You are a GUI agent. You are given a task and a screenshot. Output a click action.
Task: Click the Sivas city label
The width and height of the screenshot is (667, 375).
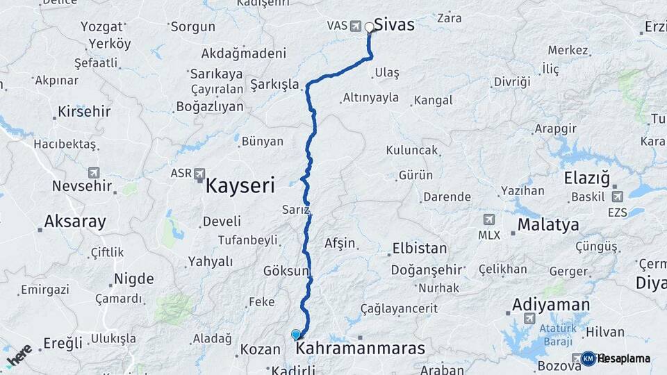pos(394,25)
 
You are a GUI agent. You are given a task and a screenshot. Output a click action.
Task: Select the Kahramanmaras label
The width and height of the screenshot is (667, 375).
pos(360,349)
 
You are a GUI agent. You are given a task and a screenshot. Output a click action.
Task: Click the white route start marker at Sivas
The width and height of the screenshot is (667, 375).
pos(370,28)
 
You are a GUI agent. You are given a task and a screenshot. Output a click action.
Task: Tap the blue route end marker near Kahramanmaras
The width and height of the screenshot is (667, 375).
pos(296,335)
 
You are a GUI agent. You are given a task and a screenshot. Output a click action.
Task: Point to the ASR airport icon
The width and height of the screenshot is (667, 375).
pos(200,173)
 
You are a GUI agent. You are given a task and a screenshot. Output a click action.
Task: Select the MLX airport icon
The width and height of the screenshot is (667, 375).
pos(489,220)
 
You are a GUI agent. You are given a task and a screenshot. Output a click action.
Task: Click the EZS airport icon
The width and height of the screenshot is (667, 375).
pos(618,197)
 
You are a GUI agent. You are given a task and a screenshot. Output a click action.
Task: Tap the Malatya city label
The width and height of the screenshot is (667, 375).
pos(547,225)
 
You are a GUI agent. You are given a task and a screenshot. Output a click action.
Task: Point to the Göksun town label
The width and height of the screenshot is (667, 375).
pos(286,271)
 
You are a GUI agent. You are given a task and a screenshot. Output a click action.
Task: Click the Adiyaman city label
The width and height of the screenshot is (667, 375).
pos(551,304)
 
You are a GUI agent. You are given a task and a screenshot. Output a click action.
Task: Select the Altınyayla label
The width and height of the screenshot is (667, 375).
pos(371,98)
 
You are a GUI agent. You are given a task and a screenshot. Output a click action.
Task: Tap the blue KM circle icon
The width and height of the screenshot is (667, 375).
pos(588,358)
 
